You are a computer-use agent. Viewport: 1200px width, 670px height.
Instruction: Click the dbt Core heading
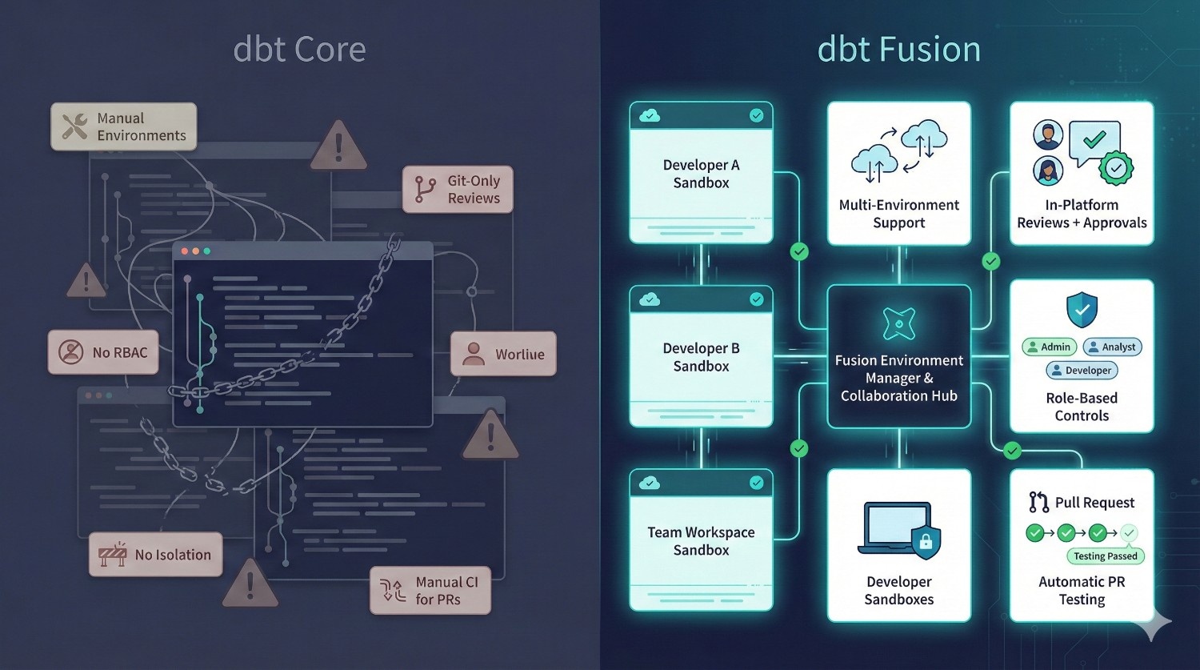pyautogui.click(x=299, y=50)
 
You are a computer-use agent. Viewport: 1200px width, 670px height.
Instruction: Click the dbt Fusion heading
pyautogui.click(x=898, y=50)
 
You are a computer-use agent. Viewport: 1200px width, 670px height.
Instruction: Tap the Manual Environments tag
pyautogui.click(x=124, y=126)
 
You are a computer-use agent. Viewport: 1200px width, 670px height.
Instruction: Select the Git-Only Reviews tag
pyautogui.click(x=458, y=190)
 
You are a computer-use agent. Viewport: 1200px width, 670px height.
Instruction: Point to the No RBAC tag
pyautogui.click(x=103, y=352)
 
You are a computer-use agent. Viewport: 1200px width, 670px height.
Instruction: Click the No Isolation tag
pyautogui.click(x=155, y=555)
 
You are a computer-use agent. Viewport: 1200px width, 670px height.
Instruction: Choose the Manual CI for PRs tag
pyautogui.click(x=430, y=591)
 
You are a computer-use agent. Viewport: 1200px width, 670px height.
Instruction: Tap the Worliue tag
pyautogui.click(x=503, y=354)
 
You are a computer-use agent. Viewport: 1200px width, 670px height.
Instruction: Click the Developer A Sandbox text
pyautogui.click(x=701, y=174)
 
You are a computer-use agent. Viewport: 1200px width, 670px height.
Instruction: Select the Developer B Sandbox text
pyautogui.click(x=701, y=357)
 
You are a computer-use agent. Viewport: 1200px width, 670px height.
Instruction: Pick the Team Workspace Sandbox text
pyautogui.click(x=701, y=541)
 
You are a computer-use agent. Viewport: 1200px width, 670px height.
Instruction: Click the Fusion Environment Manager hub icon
pyautogui.click(x=898, y=323)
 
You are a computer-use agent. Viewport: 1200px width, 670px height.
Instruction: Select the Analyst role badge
pyautogui.click(x=1112, y=347)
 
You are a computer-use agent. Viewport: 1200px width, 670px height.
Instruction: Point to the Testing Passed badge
pyautogui.click(x=1105, y=556)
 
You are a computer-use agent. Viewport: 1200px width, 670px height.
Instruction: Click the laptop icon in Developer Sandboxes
pyautogui.click(x=898, y=528)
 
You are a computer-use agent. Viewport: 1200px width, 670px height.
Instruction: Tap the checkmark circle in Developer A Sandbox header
pyautogui.click(x=756, y=116)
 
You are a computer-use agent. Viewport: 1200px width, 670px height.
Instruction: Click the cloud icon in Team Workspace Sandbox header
pyautogui.click(x=650, y=483)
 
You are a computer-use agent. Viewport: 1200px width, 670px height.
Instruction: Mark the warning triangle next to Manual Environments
pyautogui.click(x=338, y=146)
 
